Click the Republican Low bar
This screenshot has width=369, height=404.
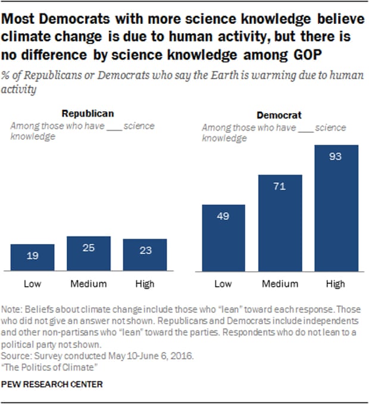(x=33, y=257)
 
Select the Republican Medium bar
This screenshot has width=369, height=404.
(x=89, y=253)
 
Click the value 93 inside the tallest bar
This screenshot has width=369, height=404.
(x=336, y=157)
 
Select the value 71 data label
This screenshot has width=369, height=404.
(x=280, y=187)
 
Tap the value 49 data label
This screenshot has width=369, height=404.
(x=223, y=217)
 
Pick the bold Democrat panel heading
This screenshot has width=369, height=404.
(x=279, y=115)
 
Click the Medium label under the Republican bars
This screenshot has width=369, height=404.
(x=89, y=284)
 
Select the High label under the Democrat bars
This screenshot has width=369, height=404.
(x=336, y=284)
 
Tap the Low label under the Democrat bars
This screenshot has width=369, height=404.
(x=223, y=284)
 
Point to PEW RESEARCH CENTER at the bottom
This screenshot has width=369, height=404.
(x=52, y=384)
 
